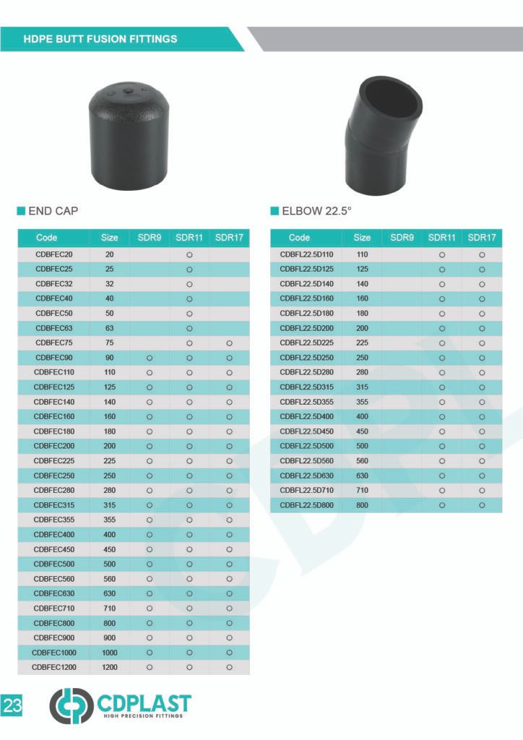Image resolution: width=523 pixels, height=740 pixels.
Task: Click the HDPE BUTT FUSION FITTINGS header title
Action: [100, 39]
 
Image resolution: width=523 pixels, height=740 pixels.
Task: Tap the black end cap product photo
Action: [129, 135]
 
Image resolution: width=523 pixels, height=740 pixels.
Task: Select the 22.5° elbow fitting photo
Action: [382, 136]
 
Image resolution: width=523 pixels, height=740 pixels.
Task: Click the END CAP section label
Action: [53, 211]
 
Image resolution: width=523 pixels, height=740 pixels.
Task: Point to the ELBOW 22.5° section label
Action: [316, 211]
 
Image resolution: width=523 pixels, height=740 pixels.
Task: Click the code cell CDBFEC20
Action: [53, 254]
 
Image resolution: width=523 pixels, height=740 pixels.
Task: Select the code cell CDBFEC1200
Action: [53, 667]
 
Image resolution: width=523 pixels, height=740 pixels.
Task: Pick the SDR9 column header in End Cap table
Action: [150, 237]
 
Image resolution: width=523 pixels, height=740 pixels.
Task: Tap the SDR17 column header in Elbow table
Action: [482, 237]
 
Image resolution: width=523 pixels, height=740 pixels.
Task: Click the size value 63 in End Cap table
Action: [109, 328]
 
